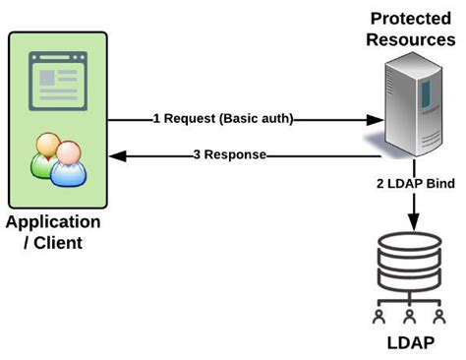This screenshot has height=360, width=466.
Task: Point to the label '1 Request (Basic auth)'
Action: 223,118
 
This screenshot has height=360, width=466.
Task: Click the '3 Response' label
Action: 230,154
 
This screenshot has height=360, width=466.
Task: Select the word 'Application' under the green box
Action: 53,221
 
